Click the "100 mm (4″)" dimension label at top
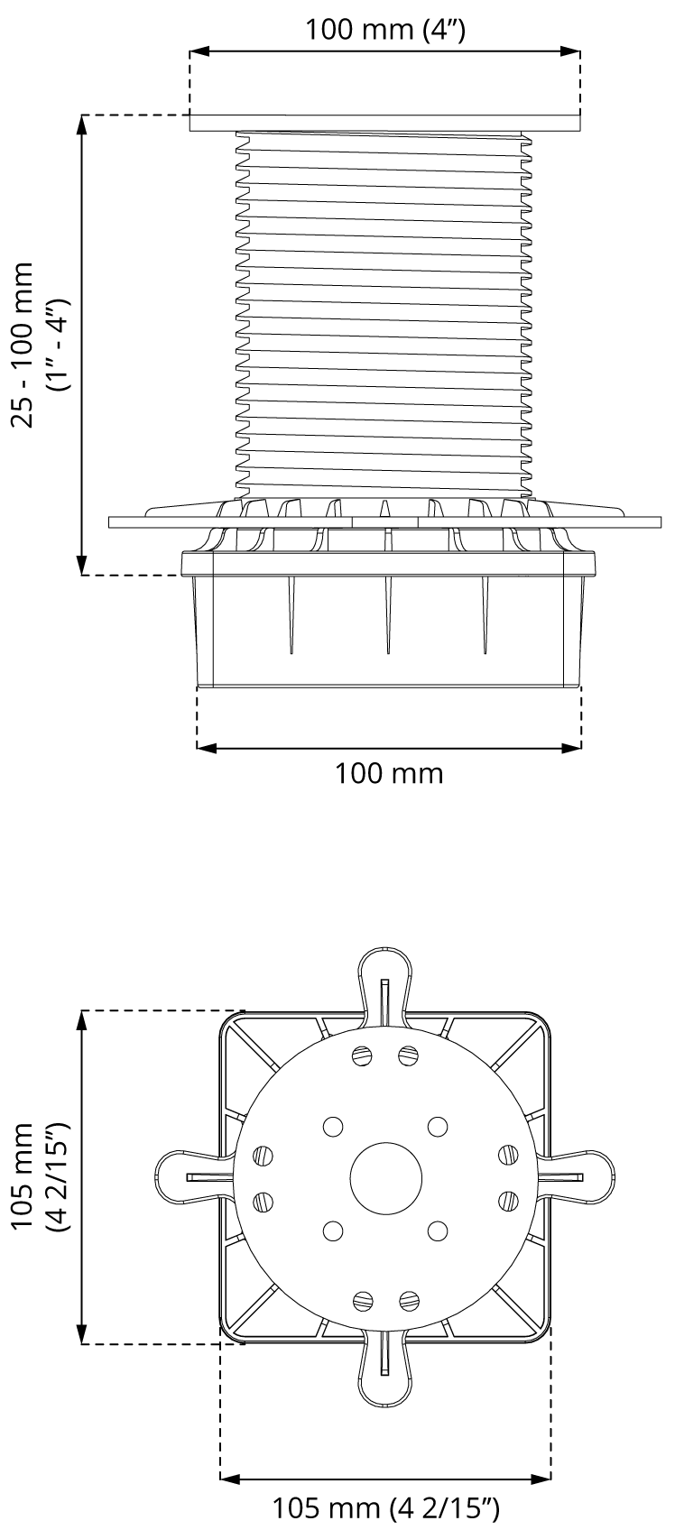pos(384,30)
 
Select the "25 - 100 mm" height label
pos(23,345)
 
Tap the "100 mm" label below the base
pos(389,773)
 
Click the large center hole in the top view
pos(386,1178)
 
